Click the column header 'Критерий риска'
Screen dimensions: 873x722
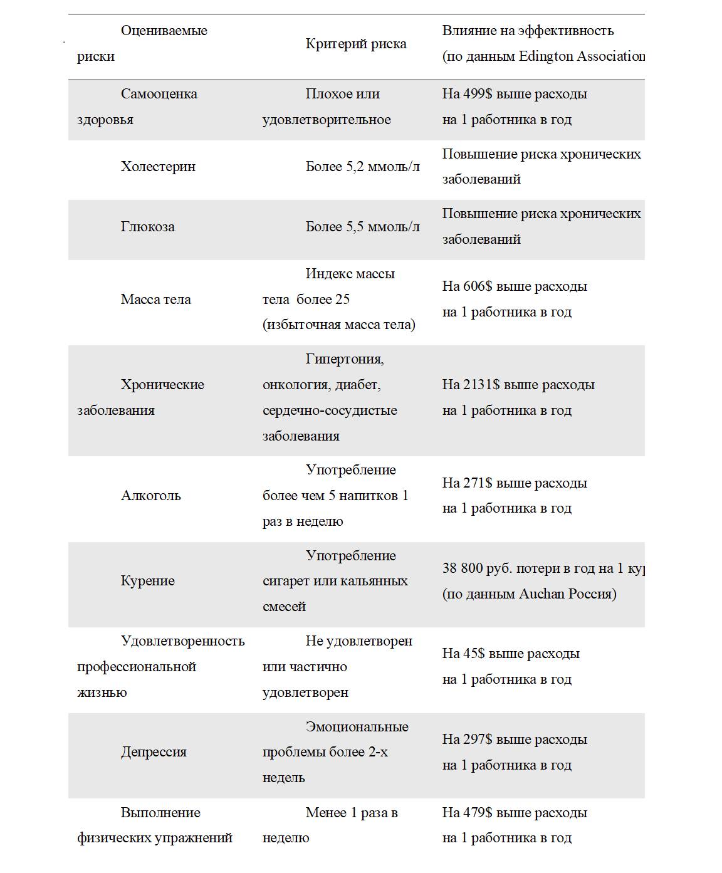click(356, 44)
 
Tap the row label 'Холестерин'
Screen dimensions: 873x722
click(158, 167)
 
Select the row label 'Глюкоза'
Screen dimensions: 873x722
click(147, 227)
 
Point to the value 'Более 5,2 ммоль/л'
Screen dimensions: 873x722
click(362, 167)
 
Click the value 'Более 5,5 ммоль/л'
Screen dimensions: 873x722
click(362, 227)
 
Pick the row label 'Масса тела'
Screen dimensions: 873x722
click(155, 300)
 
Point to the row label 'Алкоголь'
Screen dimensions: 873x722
click(150, 496)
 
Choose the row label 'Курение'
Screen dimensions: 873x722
click(147, 581)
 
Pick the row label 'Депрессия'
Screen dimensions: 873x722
click(154, 752)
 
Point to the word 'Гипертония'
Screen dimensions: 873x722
click(344, 359)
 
